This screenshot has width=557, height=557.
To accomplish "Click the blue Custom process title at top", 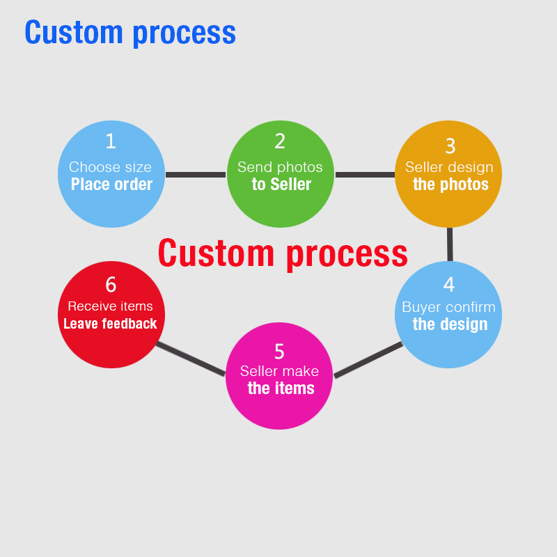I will click(x=130, y=32).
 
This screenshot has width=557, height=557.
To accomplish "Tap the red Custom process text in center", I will click(x=282, y=253).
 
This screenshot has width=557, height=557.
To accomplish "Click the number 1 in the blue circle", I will click(x=111, y=141).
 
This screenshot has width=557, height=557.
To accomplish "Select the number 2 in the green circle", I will click(x=280, y=141).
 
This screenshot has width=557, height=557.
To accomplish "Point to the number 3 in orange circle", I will click(x=450, y=146).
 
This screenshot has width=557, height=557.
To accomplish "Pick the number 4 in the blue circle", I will click(x=449, y=285).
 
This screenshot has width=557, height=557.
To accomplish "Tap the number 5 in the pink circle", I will click(x=279, y=351).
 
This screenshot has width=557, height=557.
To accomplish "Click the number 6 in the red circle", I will click(x=111, y=285).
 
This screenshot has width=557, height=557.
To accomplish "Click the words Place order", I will click(x=111, y=185).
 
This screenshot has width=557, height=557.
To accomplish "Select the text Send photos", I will click(x=280, y=167).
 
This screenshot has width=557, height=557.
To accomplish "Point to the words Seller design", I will click(x=449, y=167).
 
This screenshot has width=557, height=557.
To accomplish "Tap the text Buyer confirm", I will click(x=448, y=307).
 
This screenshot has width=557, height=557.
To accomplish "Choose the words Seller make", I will click(x=279, y=371).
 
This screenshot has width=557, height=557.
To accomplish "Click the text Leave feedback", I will click(x=110, y=324).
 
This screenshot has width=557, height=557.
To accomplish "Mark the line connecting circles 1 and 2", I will click(x=196, y=174).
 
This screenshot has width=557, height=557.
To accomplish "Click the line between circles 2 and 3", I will click(x=365, y=174).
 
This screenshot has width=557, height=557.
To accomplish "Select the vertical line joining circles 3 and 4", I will click(x=450, y=244).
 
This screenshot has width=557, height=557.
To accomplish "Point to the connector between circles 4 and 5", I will click(x=368, y=360).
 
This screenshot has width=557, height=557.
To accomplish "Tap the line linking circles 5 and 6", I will click(x=191, y=359).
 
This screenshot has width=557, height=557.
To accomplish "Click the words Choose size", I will click(x=110, y=167).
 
